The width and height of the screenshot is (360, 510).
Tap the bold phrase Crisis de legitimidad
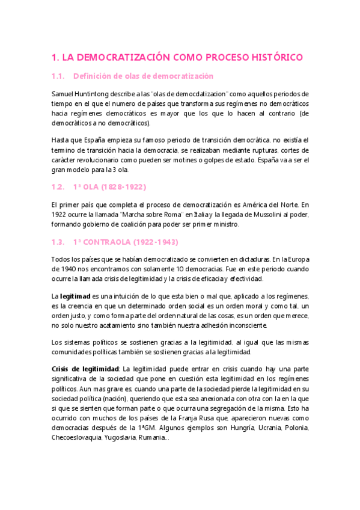(86, 369)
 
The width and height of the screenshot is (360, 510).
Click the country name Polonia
(294, 427)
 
